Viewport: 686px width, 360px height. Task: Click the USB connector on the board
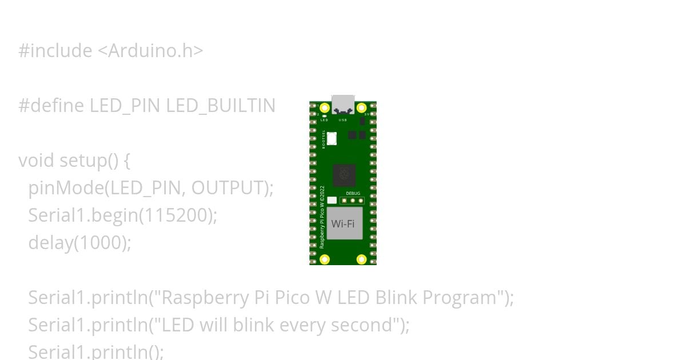343,105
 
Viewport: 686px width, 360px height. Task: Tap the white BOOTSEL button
332,138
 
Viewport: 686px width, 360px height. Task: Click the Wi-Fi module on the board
343,223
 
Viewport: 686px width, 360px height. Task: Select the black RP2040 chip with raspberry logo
344,175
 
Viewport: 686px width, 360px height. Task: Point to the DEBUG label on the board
353,194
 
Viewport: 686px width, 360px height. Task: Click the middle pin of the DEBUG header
353,201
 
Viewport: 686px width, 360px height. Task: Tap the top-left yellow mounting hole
325,107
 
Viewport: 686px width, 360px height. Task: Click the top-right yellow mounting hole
361,107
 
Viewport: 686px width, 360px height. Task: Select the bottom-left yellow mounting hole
325,259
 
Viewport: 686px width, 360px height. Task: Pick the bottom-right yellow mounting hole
361,259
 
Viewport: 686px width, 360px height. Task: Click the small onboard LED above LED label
324,116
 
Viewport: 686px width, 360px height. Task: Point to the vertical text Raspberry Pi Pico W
322,217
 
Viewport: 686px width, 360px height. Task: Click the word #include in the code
55,51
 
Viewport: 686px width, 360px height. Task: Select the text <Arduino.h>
150,51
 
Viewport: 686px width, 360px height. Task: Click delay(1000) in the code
79,243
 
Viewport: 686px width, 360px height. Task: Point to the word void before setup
37,161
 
